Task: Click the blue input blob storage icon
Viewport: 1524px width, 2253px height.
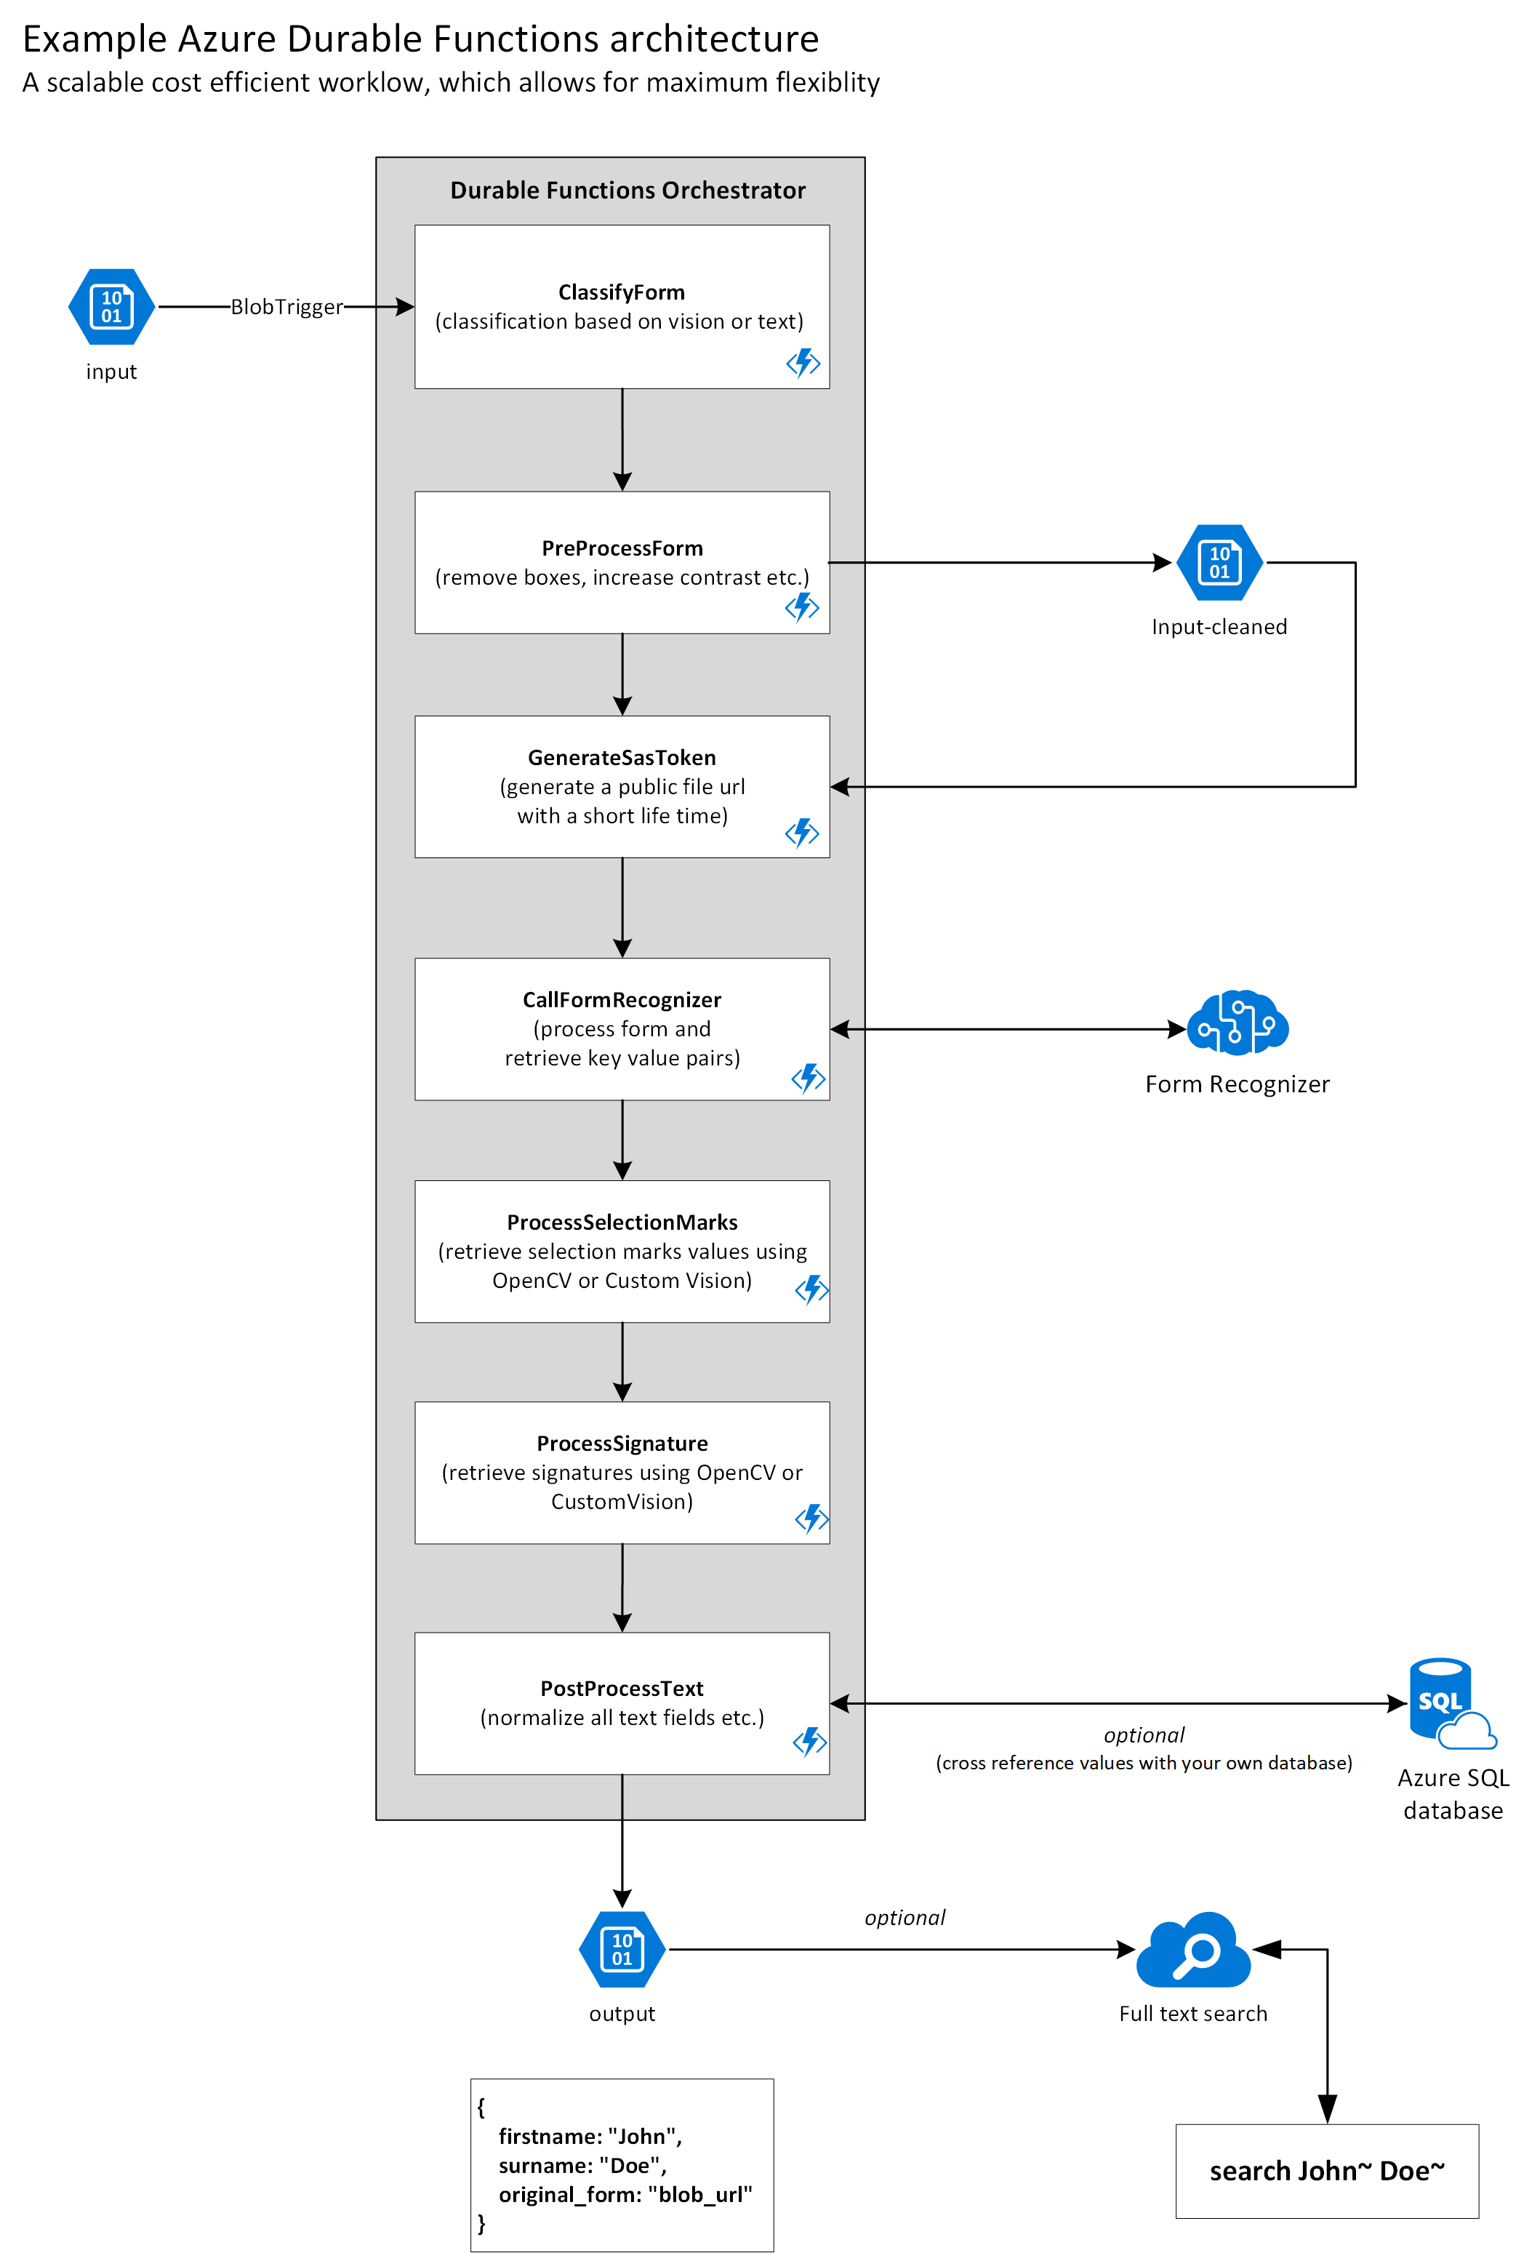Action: pos(111,308)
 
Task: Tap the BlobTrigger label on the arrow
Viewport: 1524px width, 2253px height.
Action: pos(286,308)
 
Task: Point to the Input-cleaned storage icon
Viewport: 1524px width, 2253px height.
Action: pos(1219,562)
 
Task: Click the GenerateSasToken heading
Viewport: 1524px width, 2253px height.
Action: pos(622,758)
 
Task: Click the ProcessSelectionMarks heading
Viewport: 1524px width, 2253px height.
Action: pos(622,1222)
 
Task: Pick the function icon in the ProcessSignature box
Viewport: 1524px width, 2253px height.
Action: pos(811,1518)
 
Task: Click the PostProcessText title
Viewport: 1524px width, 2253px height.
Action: pos(622,1689)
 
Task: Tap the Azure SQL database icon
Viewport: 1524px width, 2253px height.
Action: pos(1449,1703)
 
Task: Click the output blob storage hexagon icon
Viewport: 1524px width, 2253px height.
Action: pos(622,1950)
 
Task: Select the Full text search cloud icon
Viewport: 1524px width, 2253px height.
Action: pos(1193,1950)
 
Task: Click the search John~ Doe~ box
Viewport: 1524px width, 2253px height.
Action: pos(1326,2172)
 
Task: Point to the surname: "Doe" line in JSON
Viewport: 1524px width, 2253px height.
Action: pos(582,2166)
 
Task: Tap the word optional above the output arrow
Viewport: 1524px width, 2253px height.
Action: pos(904,1918)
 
